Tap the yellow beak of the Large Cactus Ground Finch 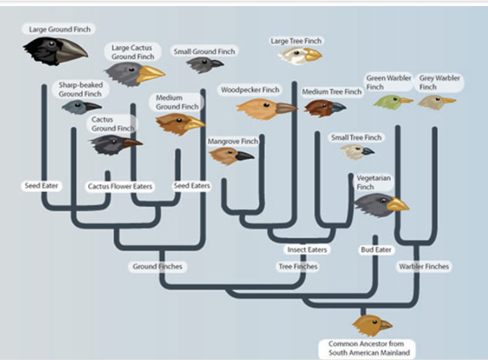point(149,74)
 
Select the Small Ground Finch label point(204,51)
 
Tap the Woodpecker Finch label point(250,90)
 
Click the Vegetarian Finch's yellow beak point(397,205)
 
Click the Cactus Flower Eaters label point(120,186)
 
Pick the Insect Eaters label point(307,249)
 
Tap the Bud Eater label point(376,249)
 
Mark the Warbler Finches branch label point(424,266)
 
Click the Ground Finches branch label point(157,266)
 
